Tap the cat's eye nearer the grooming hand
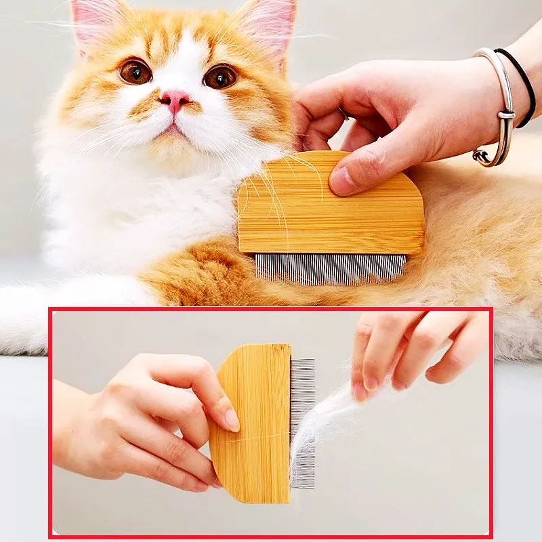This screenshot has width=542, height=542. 220,77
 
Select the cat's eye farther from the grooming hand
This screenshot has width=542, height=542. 135,71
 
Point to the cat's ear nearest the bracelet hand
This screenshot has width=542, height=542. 267,24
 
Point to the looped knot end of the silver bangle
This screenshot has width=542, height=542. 482,157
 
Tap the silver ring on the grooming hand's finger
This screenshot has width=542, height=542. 343,113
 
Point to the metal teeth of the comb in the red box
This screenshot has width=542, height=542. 302,420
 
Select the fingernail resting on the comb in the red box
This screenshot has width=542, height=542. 232,419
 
